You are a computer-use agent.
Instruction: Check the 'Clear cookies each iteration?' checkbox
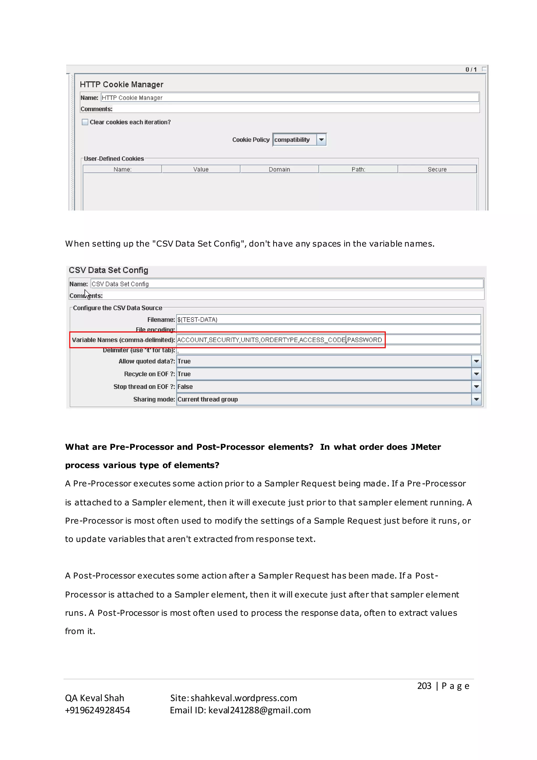tap(85, 122)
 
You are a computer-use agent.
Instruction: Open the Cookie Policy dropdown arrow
tap(321, 140)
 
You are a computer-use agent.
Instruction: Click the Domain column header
tap(280, 170)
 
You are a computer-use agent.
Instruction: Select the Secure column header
tap(437, 170)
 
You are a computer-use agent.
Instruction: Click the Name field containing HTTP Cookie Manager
tap(290, 98)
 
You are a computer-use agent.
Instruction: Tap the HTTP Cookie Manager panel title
tap(122, 85)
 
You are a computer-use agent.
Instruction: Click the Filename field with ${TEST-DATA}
tap(328, 319)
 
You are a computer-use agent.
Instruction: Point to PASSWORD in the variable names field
tap(364, 340)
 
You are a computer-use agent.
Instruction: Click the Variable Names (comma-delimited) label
tap(123, 340)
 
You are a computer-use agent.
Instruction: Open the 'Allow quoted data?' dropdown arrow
tap(476, 361)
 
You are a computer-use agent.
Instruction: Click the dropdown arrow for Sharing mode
tap(476, 399)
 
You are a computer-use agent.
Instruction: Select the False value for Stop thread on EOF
tap(185, 387)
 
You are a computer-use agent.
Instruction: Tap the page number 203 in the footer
tap(424, 686)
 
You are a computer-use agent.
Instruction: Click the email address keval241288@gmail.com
tap(259, 710)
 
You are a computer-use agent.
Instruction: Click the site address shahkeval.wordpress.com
tap(244, 698)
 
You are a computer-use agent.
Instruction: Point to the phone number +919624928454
tap(98, 710)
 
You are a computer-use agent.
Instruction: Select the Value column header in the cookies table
tap(201, 170)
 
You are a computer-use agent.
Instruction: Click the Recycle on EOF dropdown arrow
tap(476, 374)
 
